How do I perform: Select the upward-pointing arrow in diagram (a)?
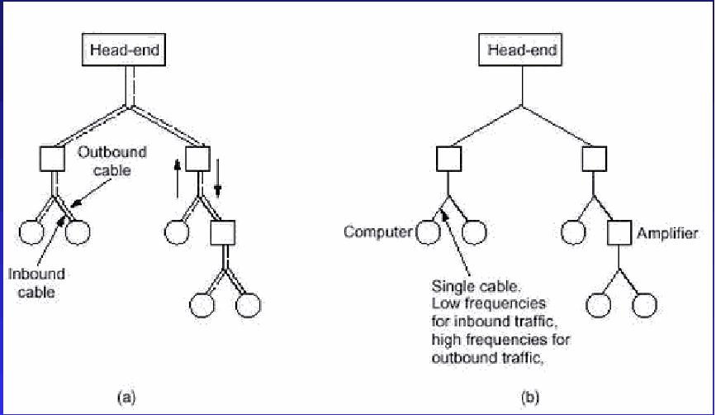point(178,179)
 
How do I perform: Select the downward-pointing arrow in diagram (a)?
point(218,179)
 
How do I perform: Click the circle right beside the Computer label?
point(429,233)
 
